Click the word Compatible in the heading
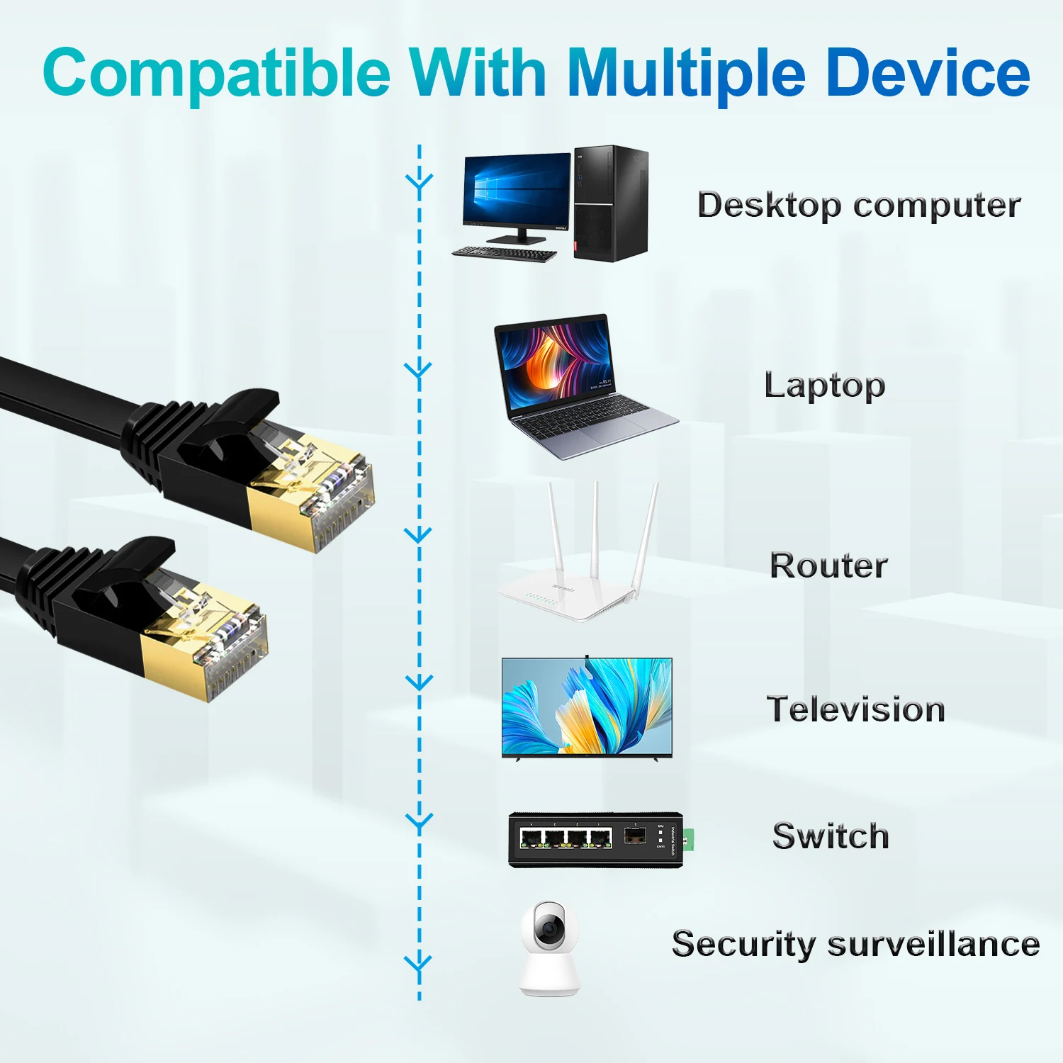pos(216,74)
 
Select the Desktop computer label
pos(859,206)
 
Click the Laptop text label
pos(825,386)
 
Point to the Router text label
pos(828,566)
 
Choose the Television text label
pos(856,709)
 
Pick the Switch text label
pos(831,836)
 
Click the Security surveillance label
pos(855,945)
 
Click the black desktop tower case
pos(611,203)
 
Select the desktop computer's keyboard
pos(505,253)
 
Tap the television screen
pos(587,707)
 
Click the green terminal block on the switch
pos(688,839)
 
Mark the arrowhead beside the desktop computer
pos(420,184)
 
